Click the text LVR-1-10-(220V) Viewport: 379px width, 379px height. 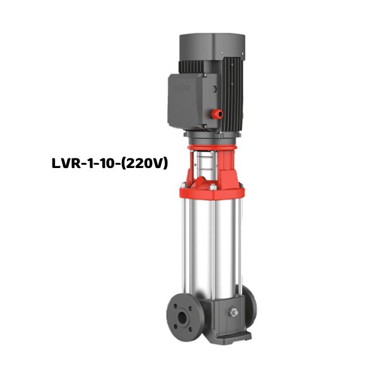(x=109, y=164)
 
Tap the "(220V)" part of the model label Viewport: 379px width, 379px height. (x=146, y=164)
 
